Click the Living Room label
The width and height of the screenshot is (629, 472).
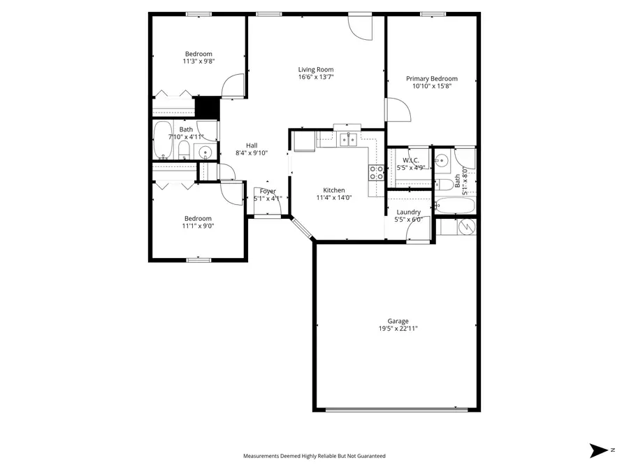point(316,69)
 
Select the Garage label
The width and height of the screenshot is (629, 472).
point(398,321)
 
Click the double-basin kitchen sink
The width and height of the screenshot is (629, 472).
point(347,140)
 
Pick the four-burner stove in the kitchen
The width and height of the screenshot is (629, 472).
point(376,173)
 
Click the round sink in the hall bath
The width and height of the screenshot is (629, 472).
point(206,152)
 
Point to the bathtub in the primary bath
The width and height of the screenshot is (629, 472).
point(454,206)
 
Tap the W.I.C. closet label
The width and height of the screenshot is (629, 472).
point(411,161)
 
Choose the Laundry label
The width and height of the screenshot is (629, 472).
point(408,212)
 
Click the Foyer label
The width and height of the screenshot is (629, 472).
point(268,191)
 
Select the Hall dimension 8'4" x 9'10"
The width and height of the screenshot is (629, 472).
point(252,152)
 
